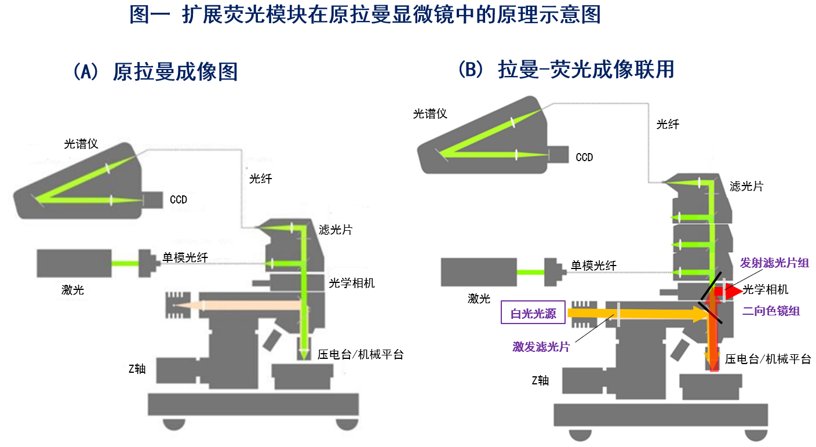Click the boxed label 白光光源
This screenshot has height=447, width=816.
533,314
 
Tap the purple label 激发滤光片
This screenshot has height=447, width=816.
541,347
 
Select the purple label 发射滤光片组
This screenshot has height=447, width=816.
774,263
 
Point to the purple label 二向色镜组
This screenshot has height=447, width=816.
771,311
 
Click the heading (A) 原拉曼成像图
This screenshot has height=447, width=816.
155,72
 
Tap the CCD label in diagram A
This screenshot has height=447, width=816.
178,200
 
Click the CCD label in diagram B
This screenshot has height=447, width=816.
584,157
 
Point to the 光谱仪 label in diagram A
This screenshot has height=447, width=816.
81,144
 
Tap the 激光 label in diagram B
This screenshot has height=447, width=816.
479,299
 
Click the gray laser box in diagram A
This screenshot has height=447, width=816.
74,263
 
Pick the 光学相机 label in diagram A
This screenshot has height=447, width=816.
352,283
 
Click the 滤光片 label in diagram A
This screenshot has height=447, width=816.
336,230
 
